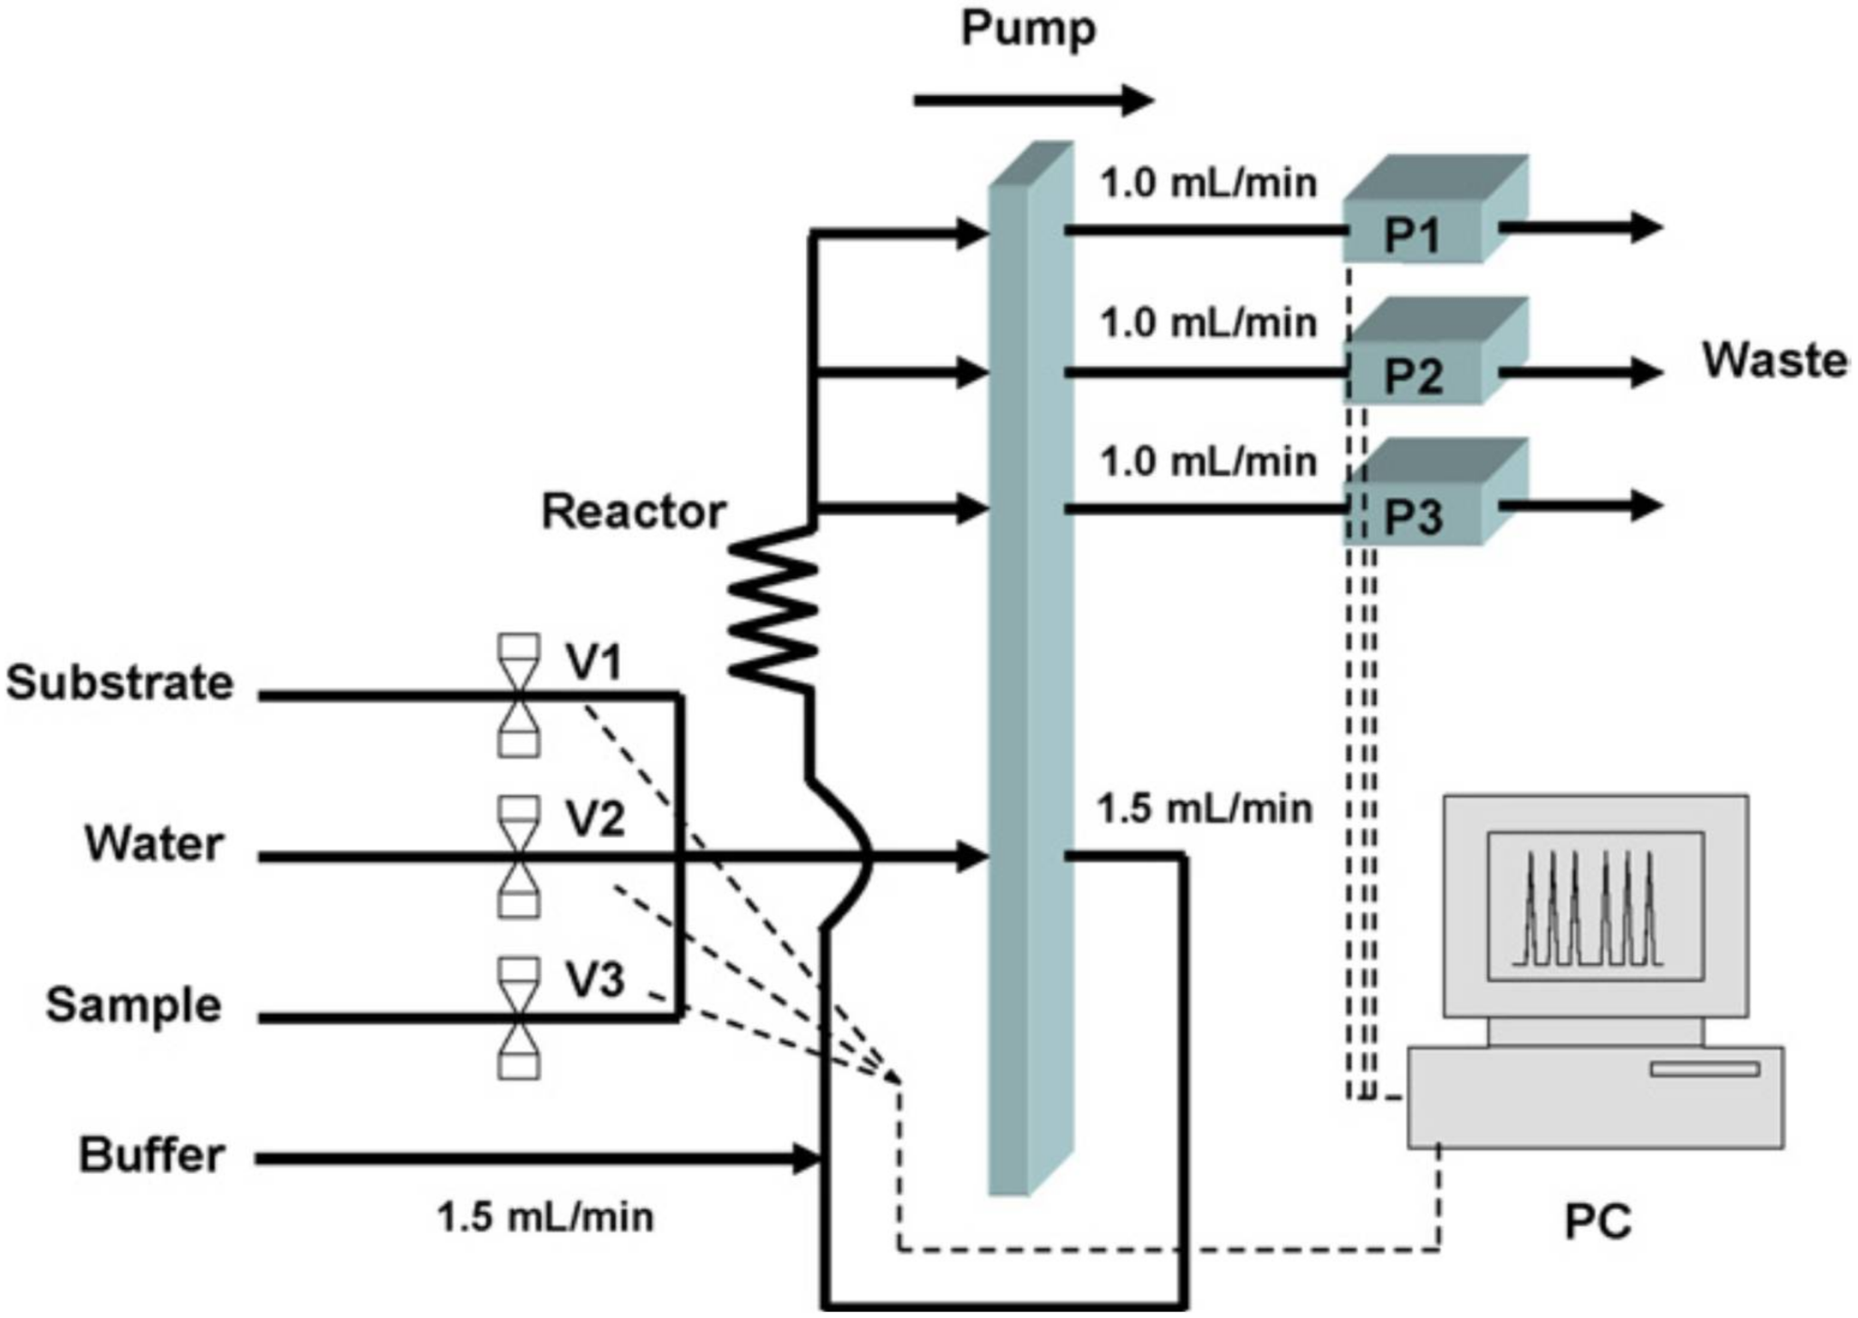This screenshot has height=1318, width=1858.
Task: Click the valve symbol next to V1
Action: (x=519, y=695)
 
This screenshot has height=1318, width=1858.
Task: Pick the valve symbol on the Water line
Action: (x=519, y=857)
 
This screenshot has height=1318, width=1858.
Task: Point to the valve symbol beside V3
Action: (x=519, y=1018)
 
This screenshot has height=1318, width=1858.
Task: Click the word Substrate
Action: (x=120, y=683)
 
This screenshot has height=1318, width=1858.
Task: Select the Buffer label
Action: (x=152, y=1155)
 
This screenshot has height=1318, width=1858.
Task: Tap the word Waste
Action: (x=1774, y=360)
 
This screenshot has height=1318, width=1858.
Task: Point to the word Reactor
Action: (x=634, y=512)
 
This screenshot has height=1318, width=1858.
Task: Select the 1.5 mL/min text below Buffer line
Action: (x=545, y=1217)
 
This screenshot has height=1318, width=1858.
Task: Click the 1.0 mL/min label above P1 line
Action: (x=1208, y=184)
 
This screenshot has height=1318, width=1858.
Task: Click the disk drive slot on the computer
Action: (x=1705, y=1068)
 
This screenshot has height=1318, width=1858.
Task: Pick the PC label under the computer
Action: (x=1597, y=1221)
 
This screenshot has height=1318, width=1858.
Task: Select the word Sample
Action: (x=133, y=1005)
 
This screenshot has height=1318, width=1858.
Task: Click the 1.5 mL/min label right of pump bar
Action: (x=1205, y=809)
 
